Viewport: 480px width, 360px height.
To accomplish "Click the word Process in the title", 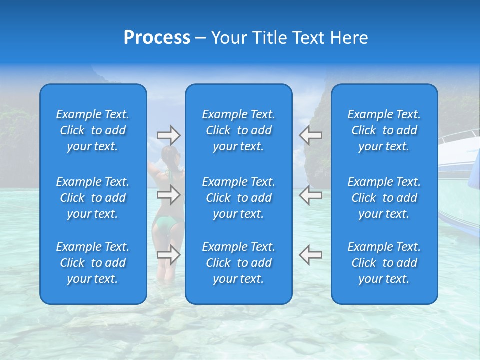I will click(157, 38).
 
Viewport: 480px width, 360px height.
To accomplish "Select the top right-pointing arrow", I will click(169, 135).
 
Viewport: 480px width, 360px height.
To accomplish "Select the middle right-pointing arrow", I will click(169, 195).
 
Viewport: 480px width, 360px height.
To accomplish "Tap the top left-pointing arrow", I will click(310, 135).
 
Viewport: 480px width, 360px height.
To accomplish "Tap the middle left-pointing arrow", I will click(310, 195).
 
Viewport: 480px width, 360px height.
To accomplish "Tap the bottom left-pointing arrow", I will click(310, 254).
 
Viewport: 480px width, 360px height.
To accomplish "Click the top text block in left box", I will click(93, 130).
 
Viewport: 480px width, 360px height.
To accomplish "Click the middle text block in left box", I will click(93, 198).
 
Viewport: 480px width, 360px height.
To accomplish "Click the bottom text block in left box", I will click(93, 263).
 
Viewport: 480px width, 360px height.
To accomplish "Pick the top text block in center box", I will click(238, 130).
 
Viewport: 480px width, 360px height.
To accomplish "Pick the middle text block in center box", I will click(238, 198).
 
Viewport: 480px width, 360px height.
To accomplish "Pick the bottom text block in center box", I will click(238, 263).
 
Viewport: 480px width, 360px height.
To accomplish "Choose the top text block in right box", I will click(384, 130).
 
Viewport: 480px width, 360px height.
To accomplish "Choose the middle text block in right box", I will click(384, 198).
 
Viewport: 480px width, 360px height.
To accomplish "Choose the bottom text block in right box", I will click(384, 263).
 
